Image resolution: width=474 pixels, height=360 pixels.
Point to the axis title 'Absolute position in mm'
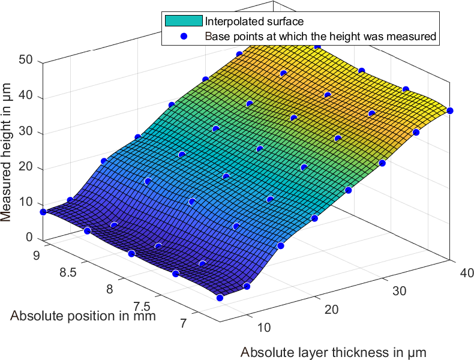click(83, 316)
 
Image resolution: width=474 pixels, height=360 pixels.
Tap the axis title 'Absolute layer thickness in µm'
click(334, 352)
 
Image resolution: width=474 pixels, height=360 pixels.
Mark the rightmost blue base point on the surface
click(450, 110)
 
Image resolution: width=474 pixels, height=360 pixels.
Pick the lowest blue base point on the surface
click(220, 298)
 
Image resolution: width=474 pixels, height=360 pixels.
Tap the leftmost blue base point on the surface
click(43, 212)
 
